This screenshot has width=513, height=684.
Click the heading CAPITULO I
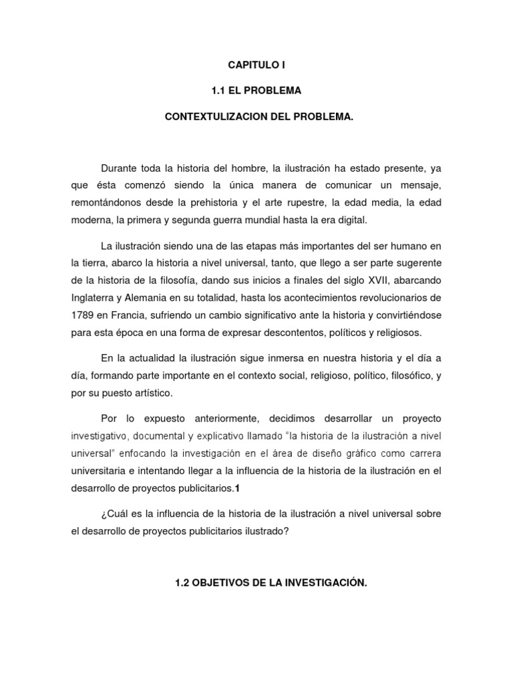pos(257,65)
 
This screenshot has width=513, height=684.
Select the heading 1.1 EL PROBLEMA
pos(257,91)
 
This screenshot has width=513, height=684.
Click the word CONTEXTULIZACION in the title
pos(214,117)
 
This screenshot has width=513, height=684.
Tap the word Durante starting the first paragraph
pos(119,167)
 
